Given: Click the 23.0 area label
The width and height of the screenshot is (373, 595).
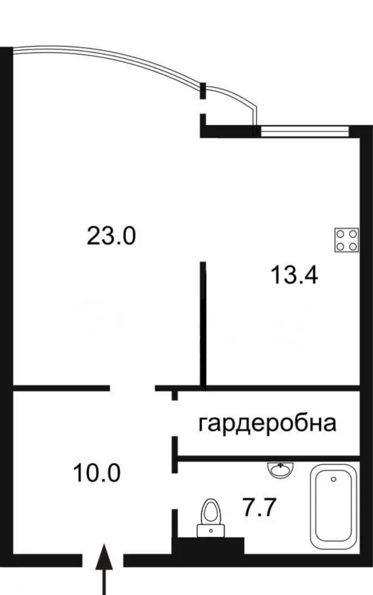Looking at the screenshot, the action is point(111,236).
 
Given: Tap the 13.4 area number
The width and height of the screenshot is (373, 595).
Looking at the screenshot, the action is point(294,275).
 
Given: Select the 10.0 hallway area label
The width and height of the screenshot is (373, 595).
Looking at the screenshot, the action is point(97,473).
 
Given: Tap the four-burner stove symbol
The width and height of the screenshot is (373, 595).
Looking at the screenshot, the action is point(346,240).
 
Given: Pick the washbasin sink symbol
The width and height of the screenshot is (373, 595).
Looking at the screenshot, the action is point(281,469).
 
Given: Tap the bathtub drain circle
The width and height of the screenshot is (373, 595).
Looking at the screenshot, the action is point(334,479).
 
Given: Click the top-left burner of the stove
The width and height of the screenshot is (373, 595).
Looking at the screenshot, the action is point(341,233).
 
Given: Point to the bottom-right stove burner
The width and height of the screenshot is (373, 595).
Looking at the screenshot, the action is point(353,246).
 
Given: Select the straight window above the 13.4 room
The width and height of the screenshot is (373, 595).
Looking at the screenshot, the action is point(304,131).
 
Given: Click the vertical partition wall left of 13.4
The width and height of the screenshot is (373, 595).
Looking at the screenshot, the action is point(203,326).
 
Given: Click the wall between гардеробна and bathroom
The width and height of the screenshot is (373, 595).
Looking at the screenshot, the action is point(268,458).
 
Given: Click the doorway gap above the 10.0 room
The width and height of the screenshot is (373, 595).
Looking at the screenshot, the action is point(132,388).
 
